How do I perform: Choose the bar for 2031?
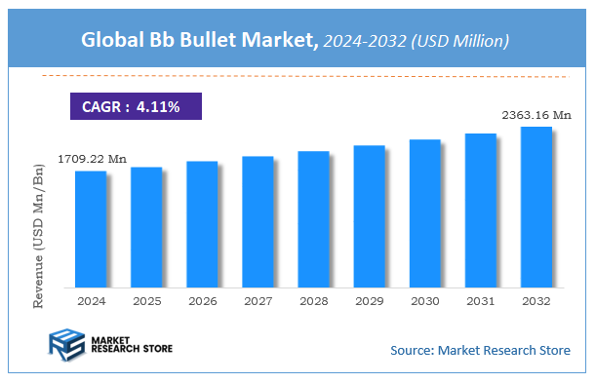(x=480, y=211)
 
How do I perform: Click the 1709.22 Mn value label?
(x=94, y=158)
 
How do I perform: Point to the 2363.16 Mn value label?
(x=536, y=115)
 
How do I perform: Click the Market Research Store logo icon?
(x=64, y=347)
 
